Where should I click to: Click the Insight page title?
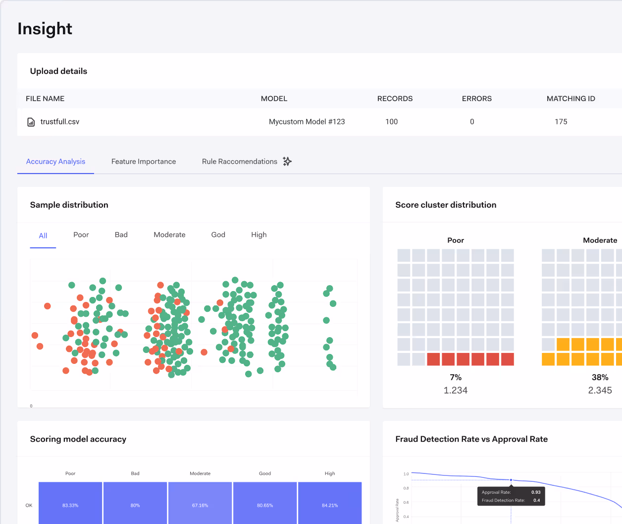pos(45,29)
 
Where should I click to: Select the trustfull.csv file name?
pos(59,121)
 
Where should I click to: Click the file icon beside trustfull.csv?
pos(31,122)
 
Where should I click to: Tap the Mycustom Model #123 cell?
pos(307,121)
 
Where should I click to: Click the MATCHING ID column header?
pos(570,99)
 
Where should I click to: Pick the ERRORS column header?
pos(476,99)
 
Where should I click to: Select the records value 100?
pos(391,121)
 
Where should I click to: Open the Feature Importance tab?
pos(144,162)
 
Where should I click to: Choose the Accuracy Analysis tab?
pos(55,162)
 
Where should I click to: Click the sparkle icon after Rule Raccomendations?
pos(287,161)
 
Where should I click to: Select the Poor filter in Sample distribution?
pos(81,235)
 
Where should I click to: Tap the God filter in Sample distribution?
pos(218,235)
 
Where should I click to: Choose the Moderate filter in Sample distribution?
pos(169,235)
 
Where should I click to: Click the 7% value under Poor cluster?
pos(456,377)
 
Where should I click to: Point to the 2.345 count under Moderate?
pos(600,390)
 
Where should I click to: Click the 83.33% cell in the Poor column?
pos(70,505)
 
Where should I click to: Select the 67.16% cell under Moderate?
pos(200,505)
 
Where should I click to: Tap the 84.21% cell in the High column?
pos(330,505)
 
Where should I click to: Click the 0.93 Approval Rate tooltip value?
pos(536,492)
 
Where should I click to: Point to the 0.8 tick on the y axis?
pos(406,488)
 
